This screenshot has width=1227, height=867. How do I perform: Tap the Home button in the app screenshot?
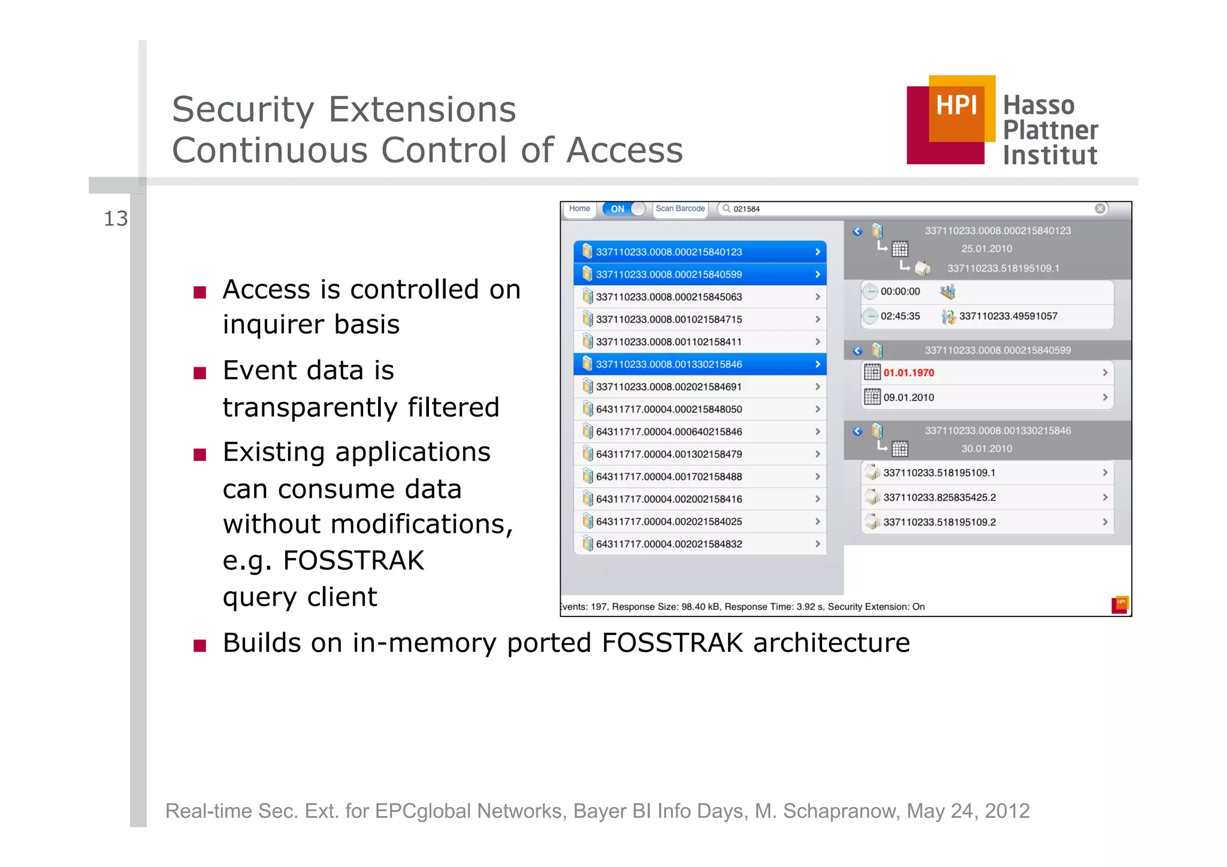coord(579,209)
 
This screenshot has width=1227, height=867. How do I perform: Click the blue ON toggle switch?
coord(624,209)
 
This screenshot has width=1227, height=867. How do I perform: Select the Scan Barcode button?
coord(680,209)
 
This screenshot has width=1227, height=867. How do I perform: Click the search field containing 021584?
coord(899,209)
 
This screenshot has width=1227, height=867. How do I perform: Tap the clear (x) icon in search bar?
coord(1100,209)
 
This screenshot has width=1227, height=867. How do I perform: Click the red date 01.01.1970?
coord(908,373)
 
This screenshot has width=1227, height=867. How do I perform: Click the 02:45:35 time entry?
coord(900,316)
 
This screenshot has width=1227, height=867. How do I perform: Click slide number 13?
coord(116,219)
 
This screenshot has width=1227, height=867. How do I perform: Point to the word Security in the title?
coord(243,110)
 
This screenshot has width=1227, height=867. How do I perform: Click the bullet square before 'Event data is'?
coord(200,373)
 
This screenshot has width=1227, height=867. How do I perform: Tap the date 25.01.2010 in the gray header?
coord(986,249)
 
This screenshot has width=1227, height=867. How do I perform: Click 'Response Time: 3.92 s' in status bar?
coord(773,607)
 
